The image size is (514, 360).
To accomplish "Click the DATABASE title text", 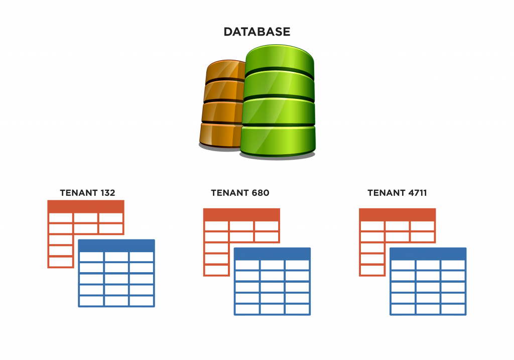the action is tap(256, 32).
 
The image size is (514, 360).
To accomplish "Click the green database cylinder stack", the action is tap(278, 101).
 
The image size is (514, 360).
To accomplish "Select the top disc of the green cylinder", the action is tap(279, 59).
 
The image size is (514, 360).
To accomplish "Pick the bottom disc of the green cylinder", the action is tap(278, 141).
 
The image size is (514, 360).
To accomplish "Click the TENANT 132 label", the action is tap(87, 193).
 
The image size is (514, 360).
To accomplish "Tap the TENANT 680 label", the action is tap(240, 193).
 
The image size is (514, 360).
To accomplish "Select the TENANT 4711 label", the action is tap(397, 193).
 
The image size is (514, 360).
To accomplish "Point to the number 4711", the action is tap(417, 193).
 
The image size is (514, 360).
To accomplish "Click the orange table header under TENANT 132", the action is tap(86, 206).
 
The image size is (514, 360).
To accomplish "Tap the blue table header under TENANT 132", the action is tap(116, 246).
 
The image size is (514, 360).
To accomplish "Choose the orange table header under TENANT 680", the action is tap(241, 215).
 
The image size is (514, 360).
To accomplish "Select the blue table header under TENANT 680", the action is tap(272, 254).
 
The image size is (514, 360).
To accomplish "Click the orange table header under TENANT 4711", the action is tap(398, 215).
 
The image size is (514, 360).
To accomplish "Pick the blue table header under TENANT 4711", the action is tap(428, 254).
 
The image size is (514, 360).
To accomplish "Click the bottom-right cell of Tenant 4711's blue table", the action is tap(453, 309).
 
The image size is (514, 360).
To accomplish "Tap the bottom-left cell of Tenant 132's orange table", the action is tap(61, 262).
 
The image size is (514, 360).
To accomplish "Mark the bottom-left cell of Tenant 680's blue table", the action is tap(247, 309).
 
